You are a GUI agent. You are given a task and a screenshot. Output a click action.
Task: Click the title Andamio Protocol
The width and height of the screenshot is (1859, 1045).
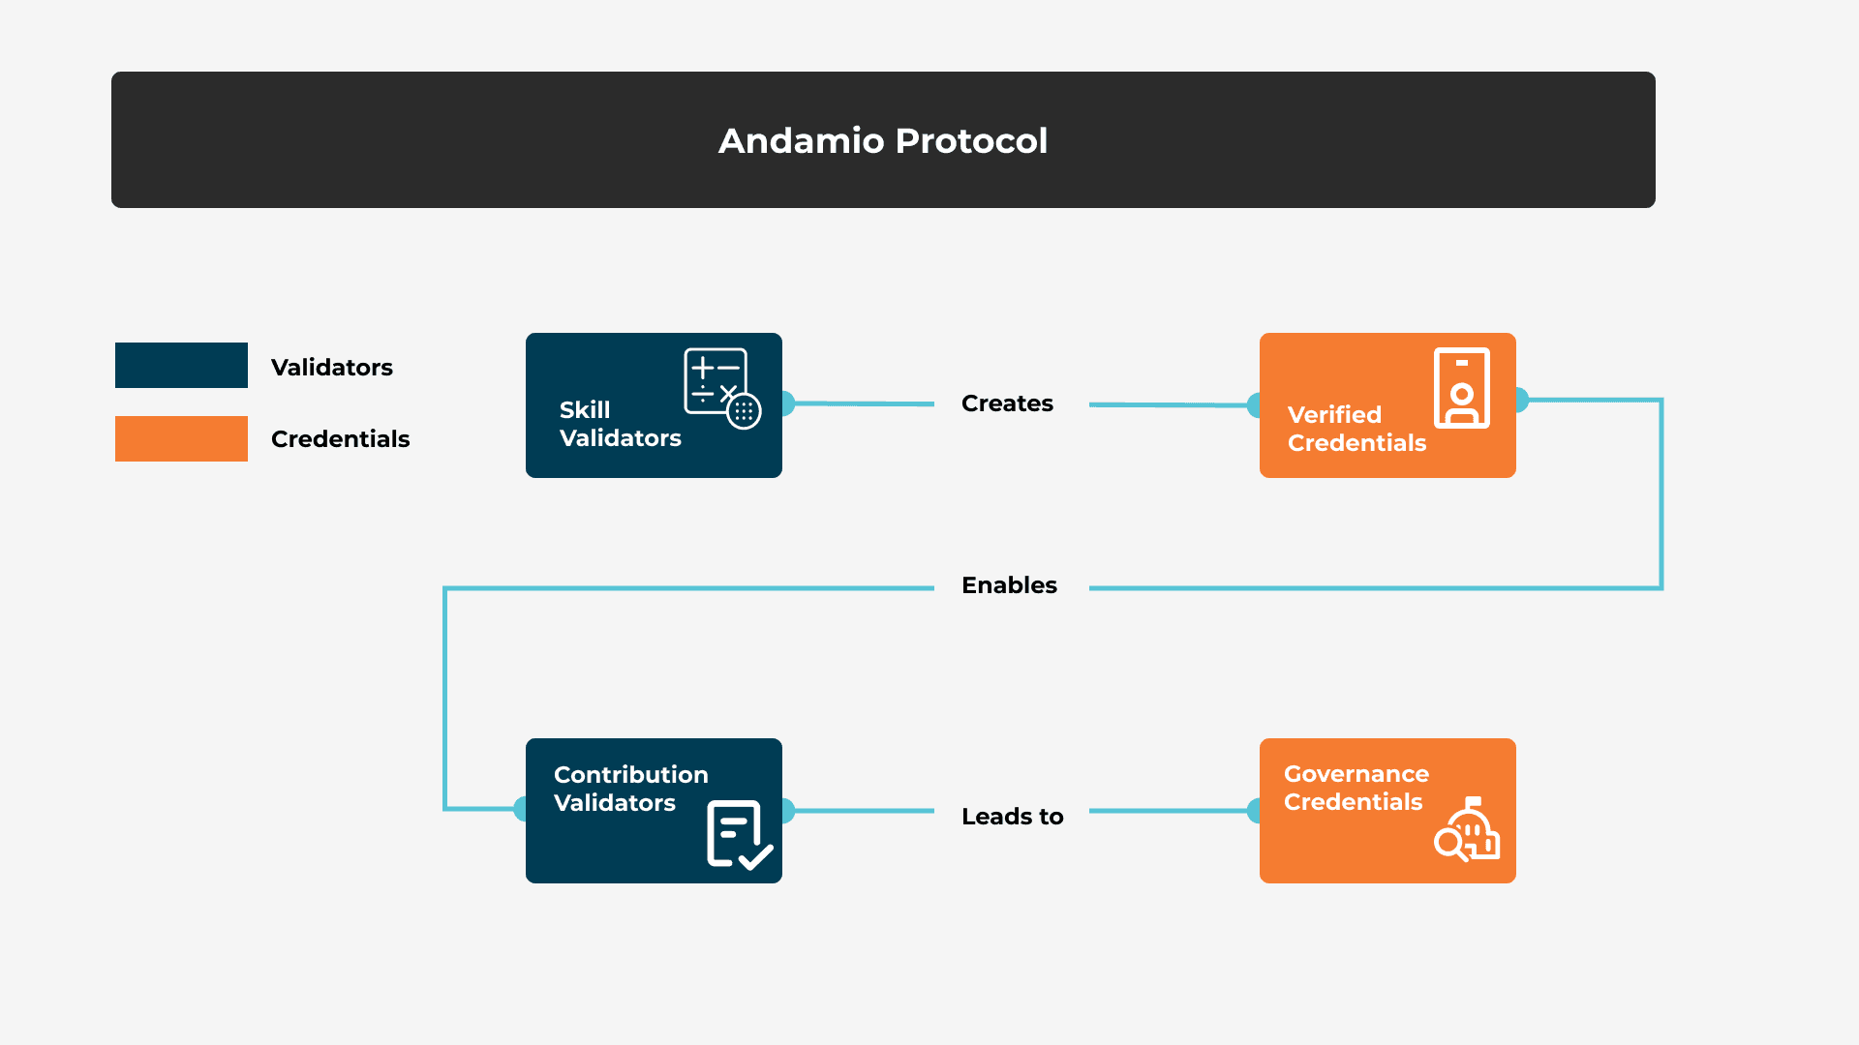882,141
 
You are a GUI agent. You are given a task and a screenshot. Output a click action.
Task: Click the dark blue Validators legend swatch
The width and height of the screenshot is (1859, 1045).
181,366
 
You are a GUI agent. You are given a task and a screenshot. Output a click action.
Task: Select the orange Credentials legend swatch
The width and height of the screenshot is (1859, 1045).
181,438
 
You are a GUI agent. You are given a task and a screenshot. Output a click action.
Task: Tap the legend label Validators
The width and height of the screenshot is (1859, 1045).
332,368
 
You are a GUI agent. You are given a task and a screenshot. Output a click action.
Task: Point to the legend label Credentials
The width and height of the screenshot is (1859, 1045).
340,439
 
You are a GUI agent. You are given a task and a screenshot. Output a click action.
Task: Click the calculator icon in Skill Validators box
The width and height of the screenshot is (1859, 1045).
721,387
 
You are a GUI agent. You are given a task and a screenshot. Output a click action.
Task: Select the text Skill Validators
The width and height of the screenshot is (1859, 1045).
620,424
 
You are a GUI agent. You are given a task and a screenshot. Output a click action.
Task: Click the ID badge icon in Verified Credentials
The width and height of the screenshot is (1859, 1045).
1461,388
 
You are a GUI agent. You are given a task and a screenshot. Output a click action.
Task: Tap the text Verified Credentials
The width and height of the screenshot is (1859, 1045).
1356,429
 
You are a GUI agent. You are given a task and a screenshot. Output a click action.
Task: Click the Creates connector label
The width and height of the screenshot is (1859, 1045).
1007,403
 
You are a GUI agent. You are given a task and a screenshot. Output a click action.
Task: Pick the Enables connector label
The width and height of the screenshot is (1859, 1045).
1009,585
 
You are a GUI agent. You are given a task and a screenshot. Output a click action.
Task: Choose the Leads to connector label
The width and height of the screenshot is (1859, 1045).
1012,817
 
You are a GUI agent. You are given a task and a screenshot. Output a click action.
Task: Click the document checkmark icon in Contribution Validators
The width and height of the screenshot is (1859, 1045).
739,834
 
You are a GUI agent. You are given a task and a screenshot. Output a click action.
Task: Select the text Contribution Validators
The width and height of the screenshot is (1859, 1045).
630,789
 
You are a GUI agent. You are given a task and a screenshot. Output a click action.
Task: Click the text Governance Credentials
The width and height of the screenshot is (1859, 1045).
1356,788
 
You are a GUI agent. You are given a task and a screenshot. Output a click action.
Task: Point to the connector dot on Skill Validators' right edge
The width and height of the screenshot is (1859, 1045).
786,403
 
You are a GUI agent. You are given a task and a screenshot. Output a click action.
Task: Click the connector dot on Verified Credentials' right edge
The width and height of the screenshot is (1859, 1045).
1520,400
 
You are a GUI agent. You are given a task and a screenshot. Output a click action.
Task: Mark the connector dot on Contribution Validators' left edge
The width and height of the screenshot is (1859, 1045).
522,809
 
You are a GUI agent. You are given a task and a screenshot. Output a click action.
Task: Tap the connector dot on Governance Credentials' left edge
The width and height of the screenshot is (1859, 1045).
1256,811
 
